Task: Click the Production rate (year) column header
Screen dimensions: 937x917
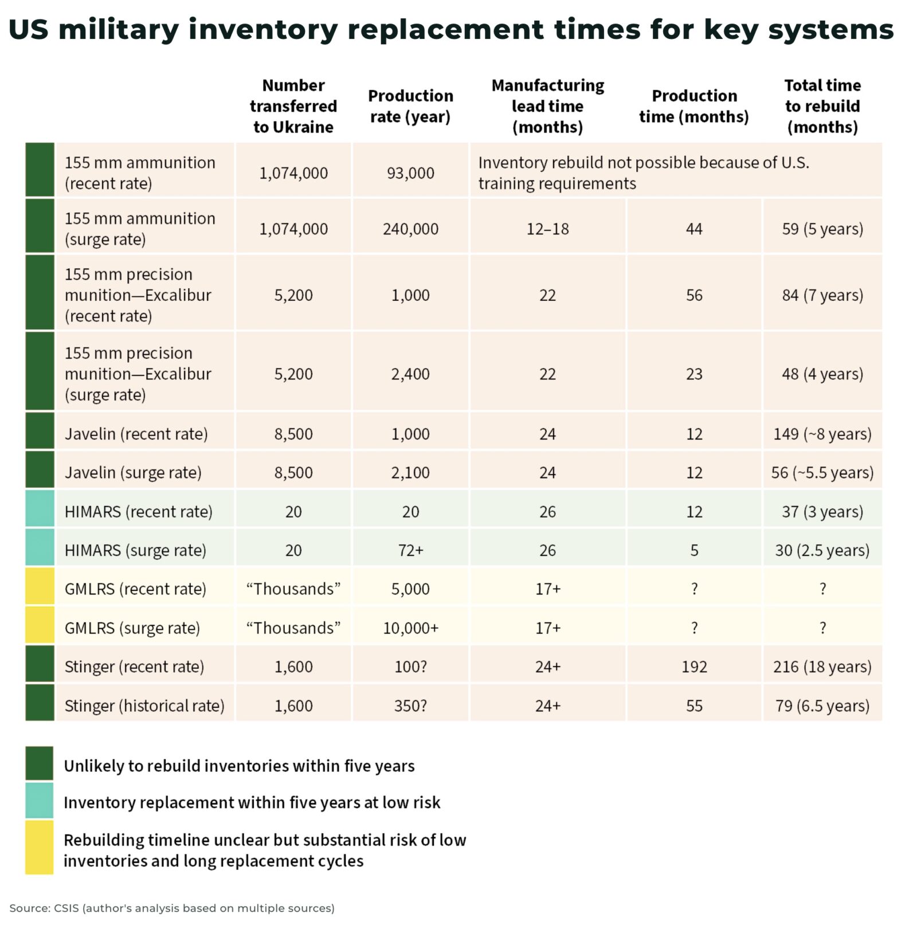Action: [410, 106]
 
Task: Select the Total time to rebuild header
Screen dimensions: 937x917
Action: [822, 106]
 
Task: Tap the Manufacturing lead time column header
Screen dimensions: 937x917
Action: [547, 106]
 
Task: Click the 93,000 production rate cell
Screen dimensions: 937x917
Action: [410, 173]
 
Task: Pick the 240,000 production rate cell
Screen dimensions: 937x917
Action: [410, 229]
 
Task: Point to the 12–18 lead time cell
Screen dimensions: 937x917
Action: [547, 229]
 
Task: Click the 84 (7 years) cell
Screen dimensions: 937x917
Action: [822, 295]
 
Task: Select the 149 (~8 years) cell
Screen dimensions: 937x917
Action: [822, 434]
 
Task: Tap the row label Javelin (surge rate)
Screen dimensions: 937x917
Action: [133, 473]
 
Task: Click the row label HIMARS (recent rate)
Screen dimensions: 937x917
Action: [138, 512]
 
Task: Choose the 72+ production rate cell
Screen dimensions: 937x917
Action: [410, 550]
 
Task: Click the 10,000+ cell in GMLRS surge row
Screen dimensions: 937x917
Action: [410, 628]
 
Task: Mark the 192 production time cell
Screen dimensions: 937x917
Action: [694, 667]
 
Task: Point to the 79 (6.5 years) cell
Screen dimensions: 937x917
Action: [822, 705]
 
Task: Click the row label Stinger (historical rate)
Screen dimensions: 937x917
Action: [144, 705]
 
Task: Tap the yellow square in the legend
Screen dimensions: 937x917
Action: [39, 847]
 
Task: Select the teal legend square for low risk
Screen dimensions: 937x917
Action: [39, 801]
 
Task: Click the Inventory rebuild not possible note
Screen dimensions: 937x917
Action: [643, 173]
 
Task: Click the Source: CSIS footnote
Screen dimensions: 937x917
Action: [172, 908]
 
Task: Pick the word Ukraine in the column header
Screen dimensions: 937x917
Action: [309, 127]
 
